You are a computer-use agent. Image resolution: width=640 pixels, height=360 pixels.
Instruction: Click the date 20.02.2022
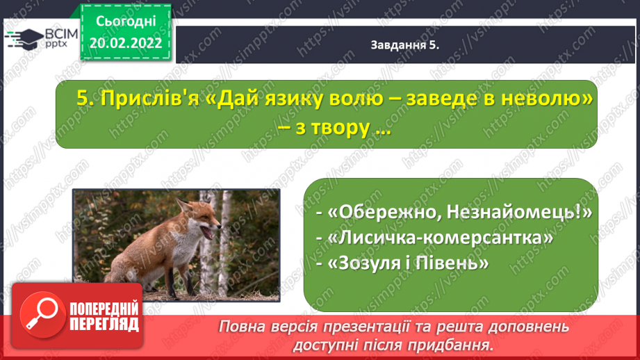[x=126, y=43]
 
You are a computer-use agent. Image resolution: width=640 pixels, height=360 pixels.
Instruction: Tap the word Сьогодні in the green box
[x=126, y=22]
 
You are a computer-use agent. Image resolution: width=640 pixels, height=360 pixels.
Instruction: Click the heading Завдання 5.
[x=405, y=45]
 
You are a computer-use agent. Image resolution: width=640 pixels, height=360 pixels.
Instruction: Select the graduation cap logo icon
[x=24, y=39]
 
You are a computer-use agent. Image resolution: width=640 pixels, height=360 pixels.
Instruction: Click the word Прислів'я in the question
[x=149, y=99]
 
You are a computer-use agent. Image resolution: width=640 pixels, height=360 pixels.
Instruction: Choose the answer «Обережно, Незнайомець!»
[x=459, y=212]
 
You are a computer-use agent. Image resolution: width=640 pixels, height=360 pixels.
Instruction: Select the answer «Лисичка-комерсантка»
[x=441, y=238]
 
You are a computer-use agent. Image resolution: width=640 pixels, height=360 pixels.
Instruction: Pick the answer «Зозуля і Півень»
[x=408, y=263]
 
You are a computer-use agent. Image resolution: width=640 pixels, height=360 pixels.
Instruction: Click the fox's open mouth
[x=209, y=233]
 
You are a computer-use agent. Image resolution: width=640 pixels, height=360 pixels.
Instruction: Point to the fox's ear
[x=183, y=204]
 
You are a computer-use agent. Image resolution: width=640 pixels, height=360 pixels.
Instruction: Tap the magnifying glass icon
[x=42, y=315]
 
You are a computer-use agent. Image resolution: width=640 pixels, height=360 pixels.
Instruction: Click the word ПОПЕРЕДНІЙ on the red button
[x=104, y=309]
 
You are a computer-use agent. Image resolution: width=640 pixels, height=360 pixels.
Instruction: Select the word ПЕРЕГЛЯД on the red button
[x=104, y=324]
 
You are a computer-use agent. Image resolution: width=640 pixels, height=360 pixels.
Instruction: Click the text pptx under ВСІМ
[x=56, y=44]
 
